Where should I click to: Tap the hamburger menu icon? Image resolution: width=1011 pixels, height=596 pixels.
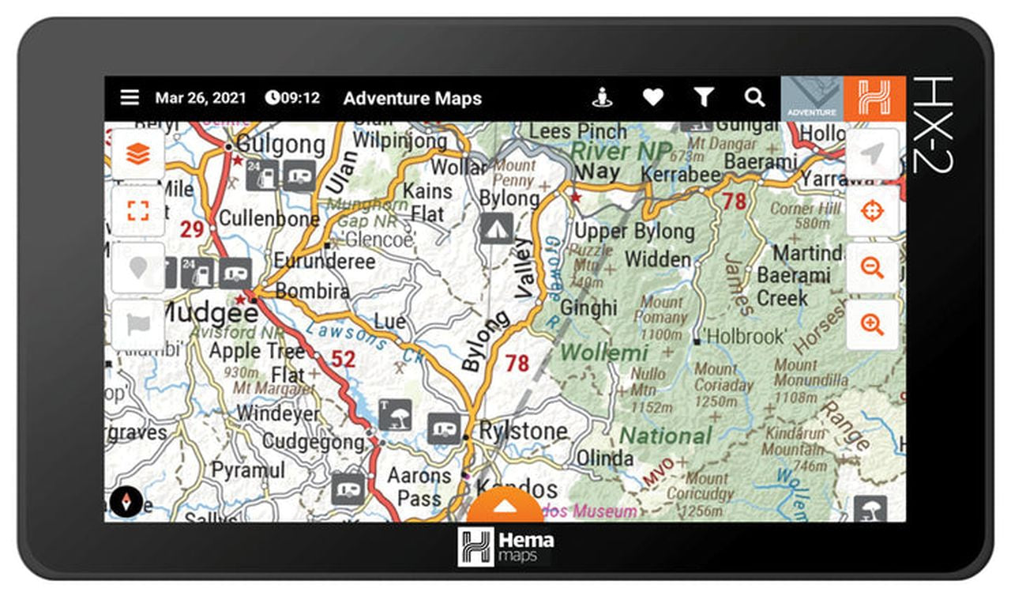pos(130,98)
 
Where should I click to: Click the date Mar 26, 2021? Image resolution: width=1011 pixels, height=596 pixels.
pos(201,98)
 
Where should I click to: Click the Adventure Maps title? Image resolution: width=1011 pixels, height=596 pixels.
pos(412,99)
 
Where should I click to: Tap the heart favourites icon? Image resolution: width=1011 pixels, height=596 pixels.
pos(652,97)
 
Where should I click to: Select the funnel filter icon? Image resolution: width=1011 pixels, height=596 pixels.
pos(704,97)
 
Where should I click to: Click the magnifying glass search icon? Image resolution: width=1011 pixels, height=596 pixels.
pos(754,97)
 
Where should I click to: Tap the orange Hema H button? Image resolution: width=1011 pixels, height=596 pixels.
pos(874,99)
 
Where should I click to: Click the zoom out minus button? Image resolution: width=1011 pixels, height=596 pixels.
pos(872,268)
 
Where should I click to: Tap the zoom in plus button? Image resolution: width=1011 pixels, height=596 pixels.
pos(872,324)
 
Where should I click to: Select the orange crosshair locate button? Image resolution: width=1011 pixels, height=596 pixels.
pos(872,211)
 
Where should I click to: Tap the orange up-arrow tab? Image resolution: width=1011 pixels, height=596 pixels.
pos(505,507)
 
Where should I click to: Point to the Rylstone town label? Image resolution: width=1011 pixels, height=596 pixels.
pos(524,431)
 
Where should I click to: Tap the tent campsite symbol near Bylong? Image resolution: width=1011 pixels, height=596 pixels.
pos(496,228)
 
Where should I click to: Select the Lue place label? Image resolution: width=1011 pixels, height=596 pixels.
pos(390,321)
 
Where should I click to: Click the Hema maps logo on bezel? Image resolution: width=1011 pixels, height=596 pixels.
pos(505,545)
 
